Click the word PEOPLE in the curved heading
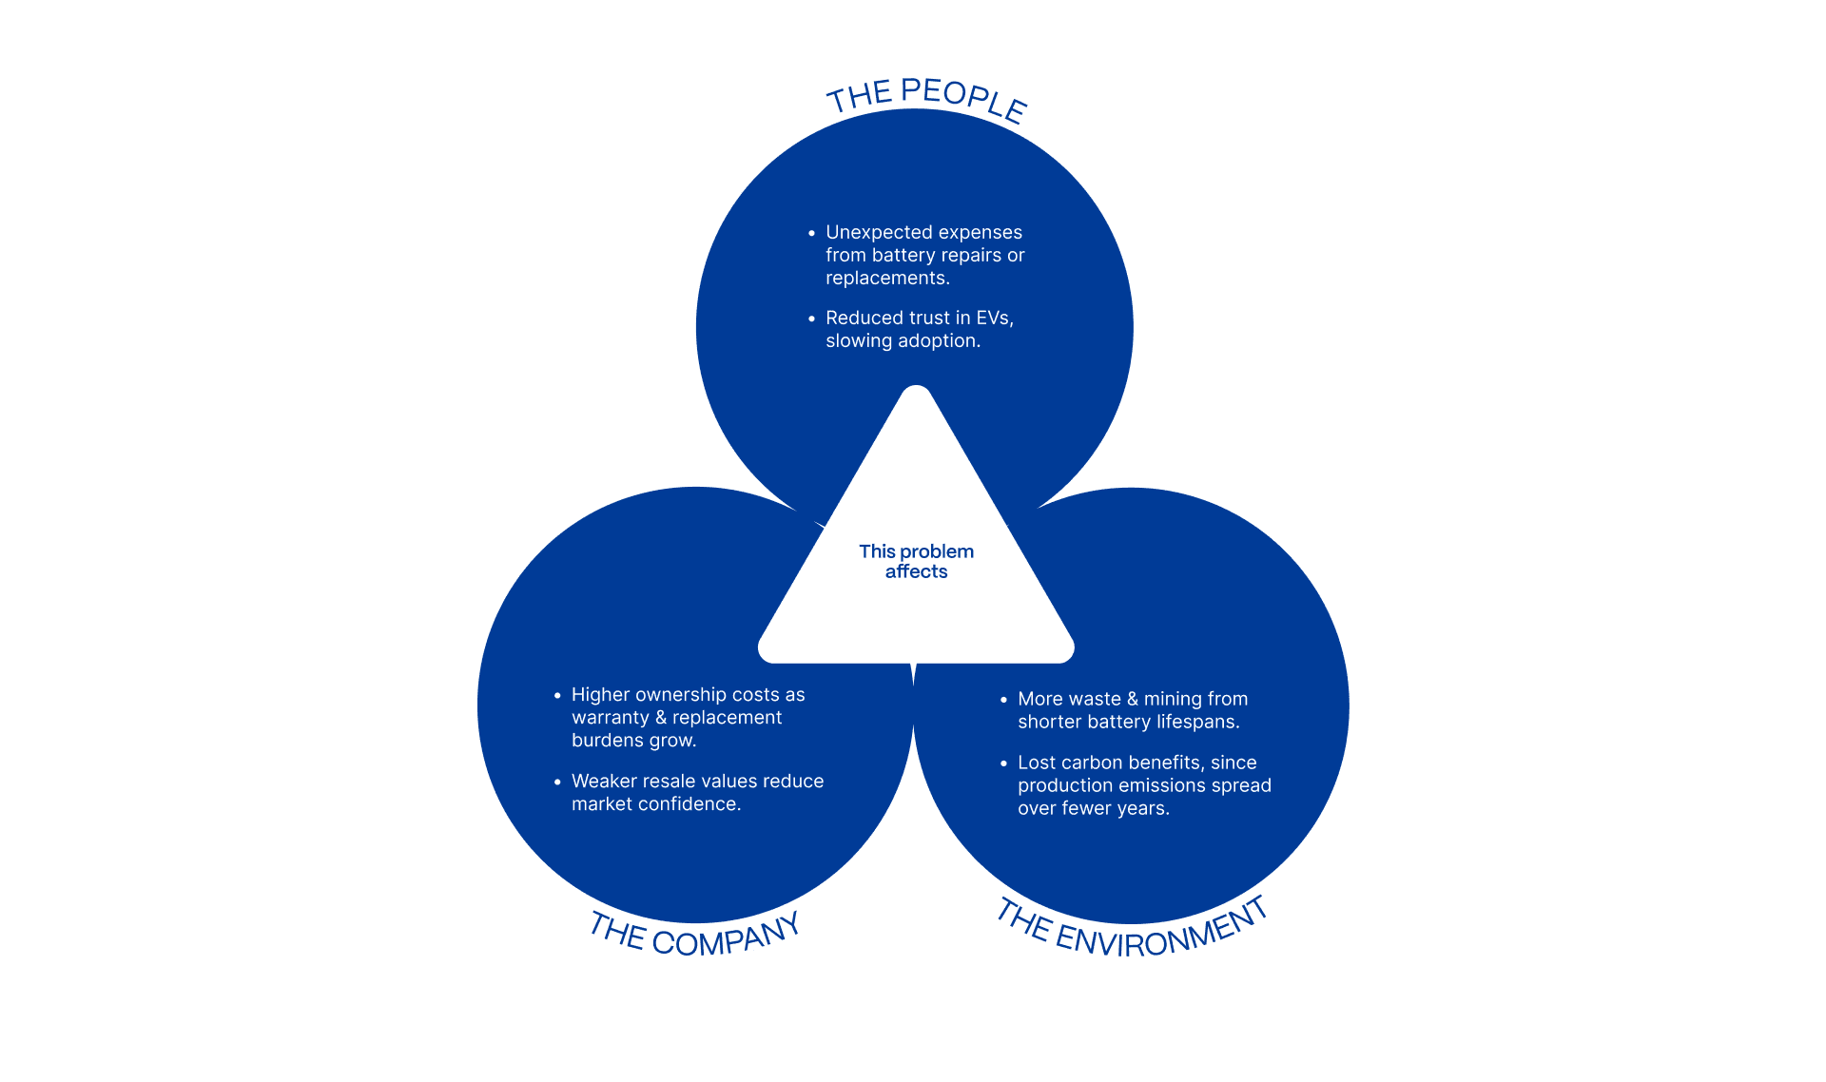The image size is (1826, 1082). coord(962,99)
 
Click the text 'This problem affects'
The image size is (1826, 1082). coord(916,561)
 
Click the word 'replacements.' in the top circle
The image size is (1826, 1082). coord(887,278)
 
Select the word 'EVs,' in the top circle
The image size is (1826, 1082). coord(995,318)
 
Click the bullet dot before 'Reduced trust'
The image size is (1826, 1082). coord(811,319)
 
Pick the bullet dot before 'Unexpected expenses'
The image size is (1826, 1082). coord(811,233)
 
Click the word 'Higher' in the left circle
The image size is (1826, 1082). coord(601,695)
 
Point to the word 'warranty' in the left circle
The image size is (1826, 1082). coord(610,718)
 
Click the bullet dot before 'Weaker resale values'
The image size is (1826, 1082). coord(557,782)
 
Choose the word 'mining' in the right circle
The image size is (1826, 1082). coord(1173,699)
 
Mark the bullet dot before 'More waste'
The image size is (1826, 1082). coord(1003,700)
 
